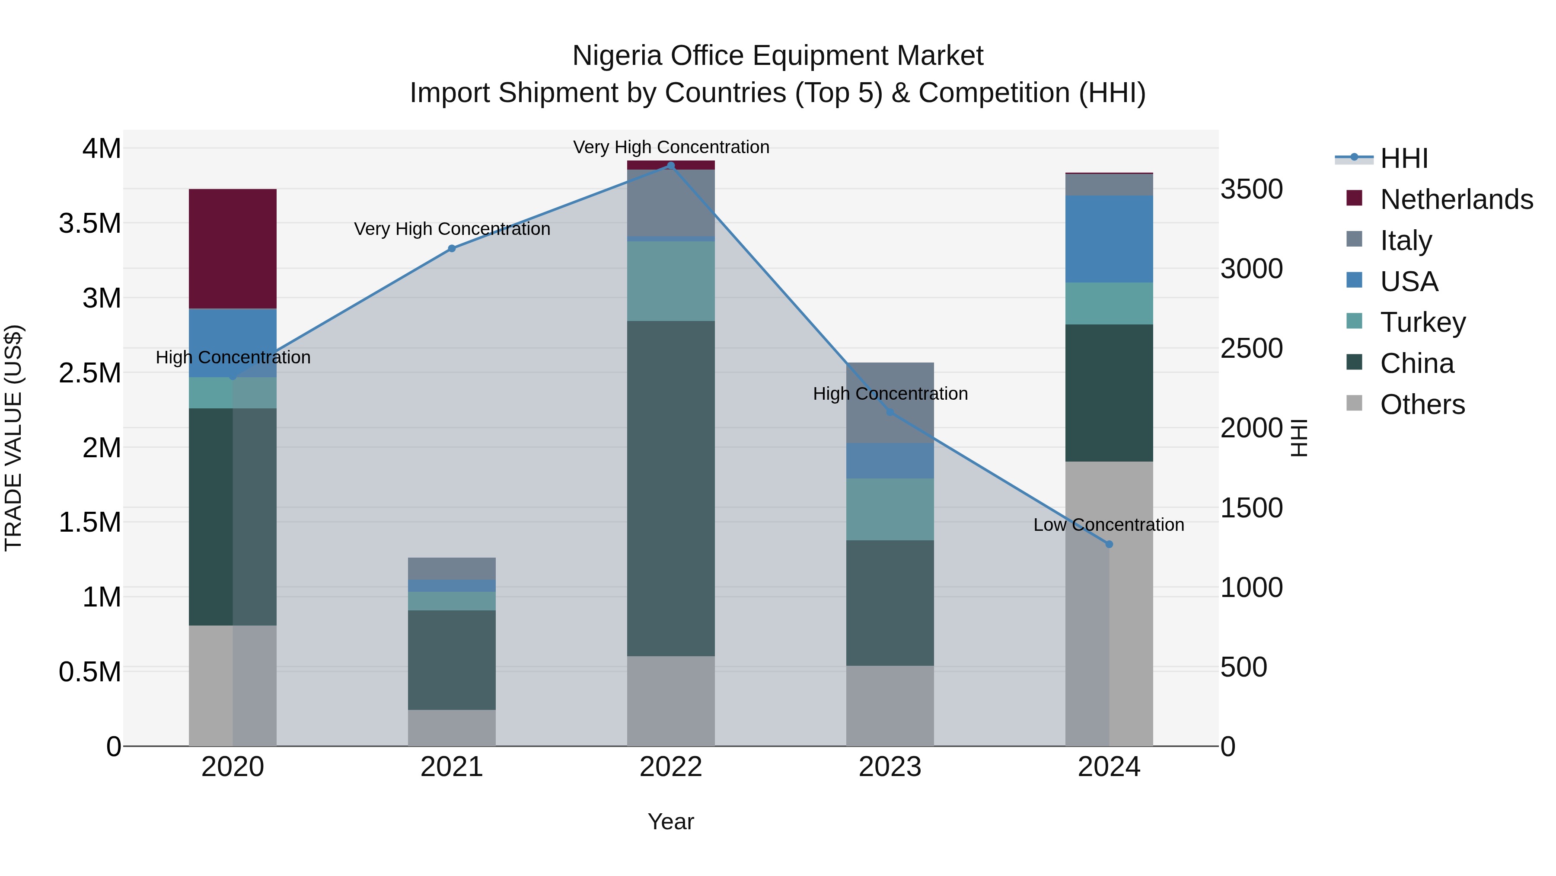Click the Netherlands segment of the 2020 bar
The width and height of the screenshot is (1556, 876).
point(233,248)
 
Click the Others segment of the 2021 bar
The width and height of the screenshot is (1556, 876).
point(451,727)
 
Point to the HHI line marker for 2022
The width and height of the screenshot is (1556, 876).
point(670,165)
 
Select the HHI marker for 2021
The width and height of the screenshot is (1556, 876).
point(451,248)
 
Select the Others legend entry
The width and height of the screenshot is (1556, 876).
point(1422,404)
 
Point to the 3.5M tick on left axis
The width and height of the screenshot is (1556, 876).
point(89,224)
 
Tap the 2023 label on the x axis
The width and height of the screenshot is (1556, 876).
point(890,767)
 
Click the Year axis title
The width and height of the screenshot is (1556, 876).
point(670,821)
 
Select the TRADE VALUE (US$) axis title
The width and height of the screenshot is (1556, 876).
point(13,438)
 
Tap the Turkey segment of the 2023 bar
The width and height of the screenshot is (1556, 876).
point(890,509)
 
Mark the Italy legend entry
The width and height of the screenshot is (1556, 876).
point(1406,241)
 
